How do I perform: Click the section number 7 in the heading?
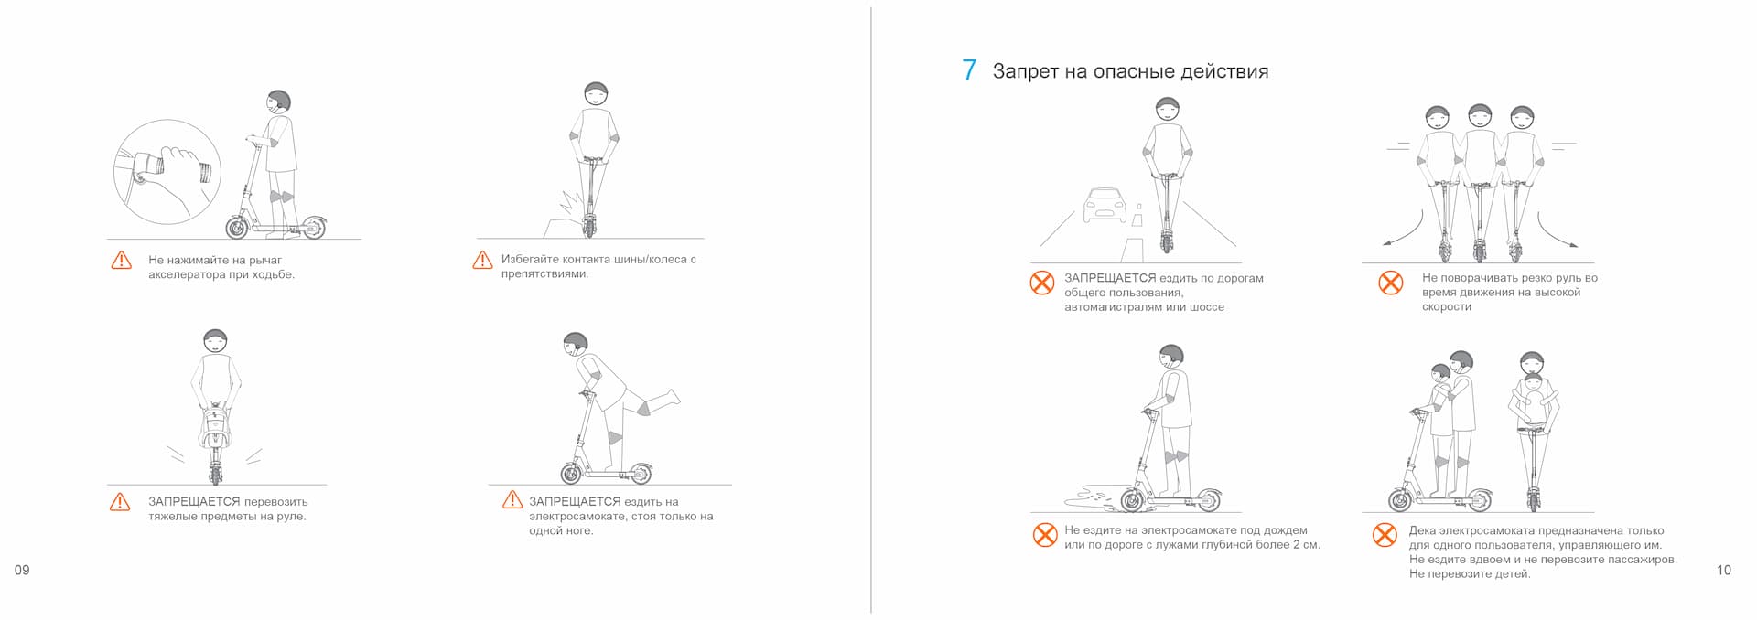click(969, 70)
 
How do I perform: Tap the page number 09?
click(22, 570)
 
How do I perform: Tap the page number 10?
click(1724, 570)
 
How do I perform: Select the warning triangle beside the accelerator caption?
click(121, 261)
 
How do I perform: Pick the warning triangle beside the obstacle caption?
click(482, 261)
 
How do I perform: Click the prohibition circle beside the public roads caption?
click(1042, 282)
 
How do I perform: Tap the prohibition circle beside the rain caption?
click(1045, 534)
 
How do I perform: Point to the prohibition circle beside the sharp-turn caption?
click(1391, 282)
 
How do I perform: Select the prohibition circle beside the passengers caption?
click(1385, 534)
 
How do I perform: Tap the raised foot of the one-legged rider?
click(673, 398)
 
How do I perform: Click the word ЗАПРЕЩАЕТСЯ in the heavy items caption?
click(194, 502)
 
